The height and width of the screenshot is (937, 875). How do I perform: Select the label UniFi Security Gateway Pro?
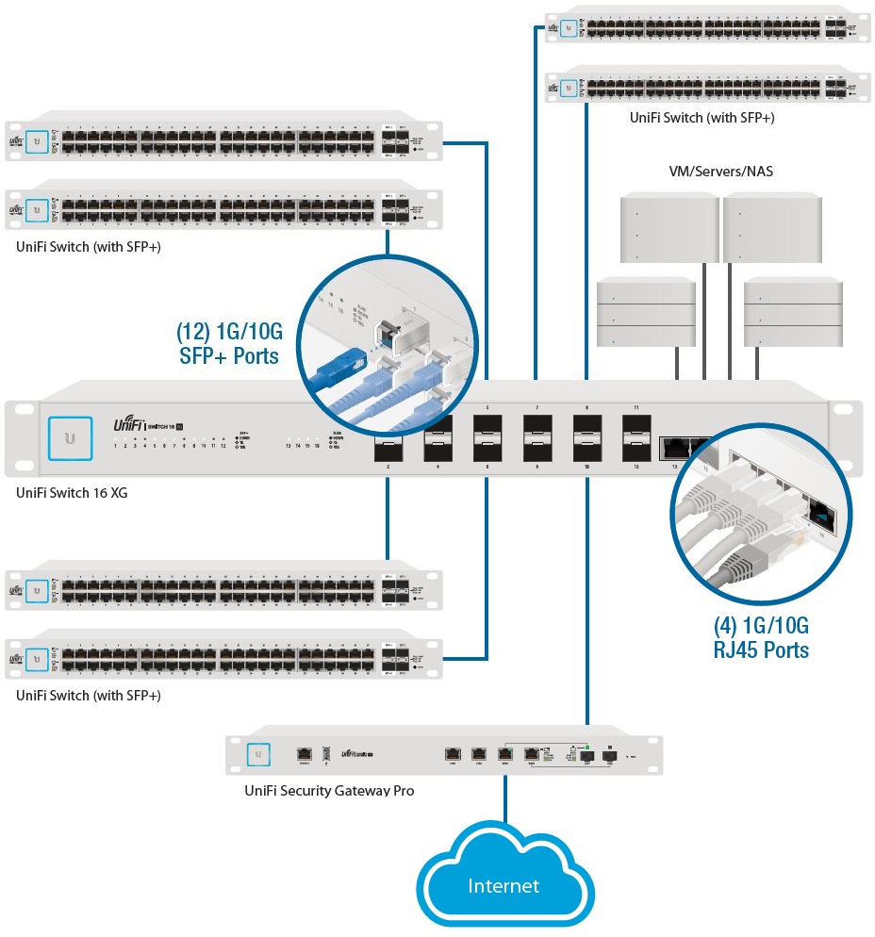[329, 790]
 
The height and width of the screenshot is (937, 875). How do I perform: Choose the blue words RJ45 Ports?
[760, 649]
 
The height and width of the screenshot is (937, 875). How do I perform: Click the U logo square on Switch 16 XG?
[69, 438]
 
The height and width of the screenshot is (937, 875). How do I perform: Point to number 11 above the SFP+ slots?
[636, 408]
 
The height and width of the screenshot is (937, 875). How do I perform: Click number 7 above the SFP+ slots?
[537, 408]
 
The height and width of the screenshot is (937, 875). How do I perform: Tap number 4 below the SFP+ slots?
[437, 466]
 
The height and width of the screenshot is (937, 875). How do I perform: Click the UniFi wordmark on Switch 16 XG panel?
[129, 424]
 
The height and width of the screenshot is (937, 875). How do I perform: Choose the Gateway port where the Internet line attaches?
[505, 754]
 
